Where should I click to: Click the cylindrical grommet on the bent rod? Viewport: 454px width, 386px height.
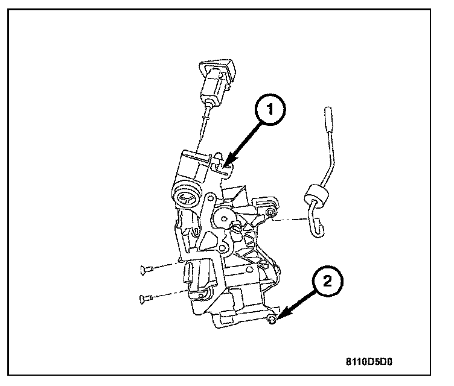[x=313, y=195]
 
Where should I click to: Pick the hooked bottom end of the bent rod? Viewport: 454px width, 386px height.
[x=316, y=226]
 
